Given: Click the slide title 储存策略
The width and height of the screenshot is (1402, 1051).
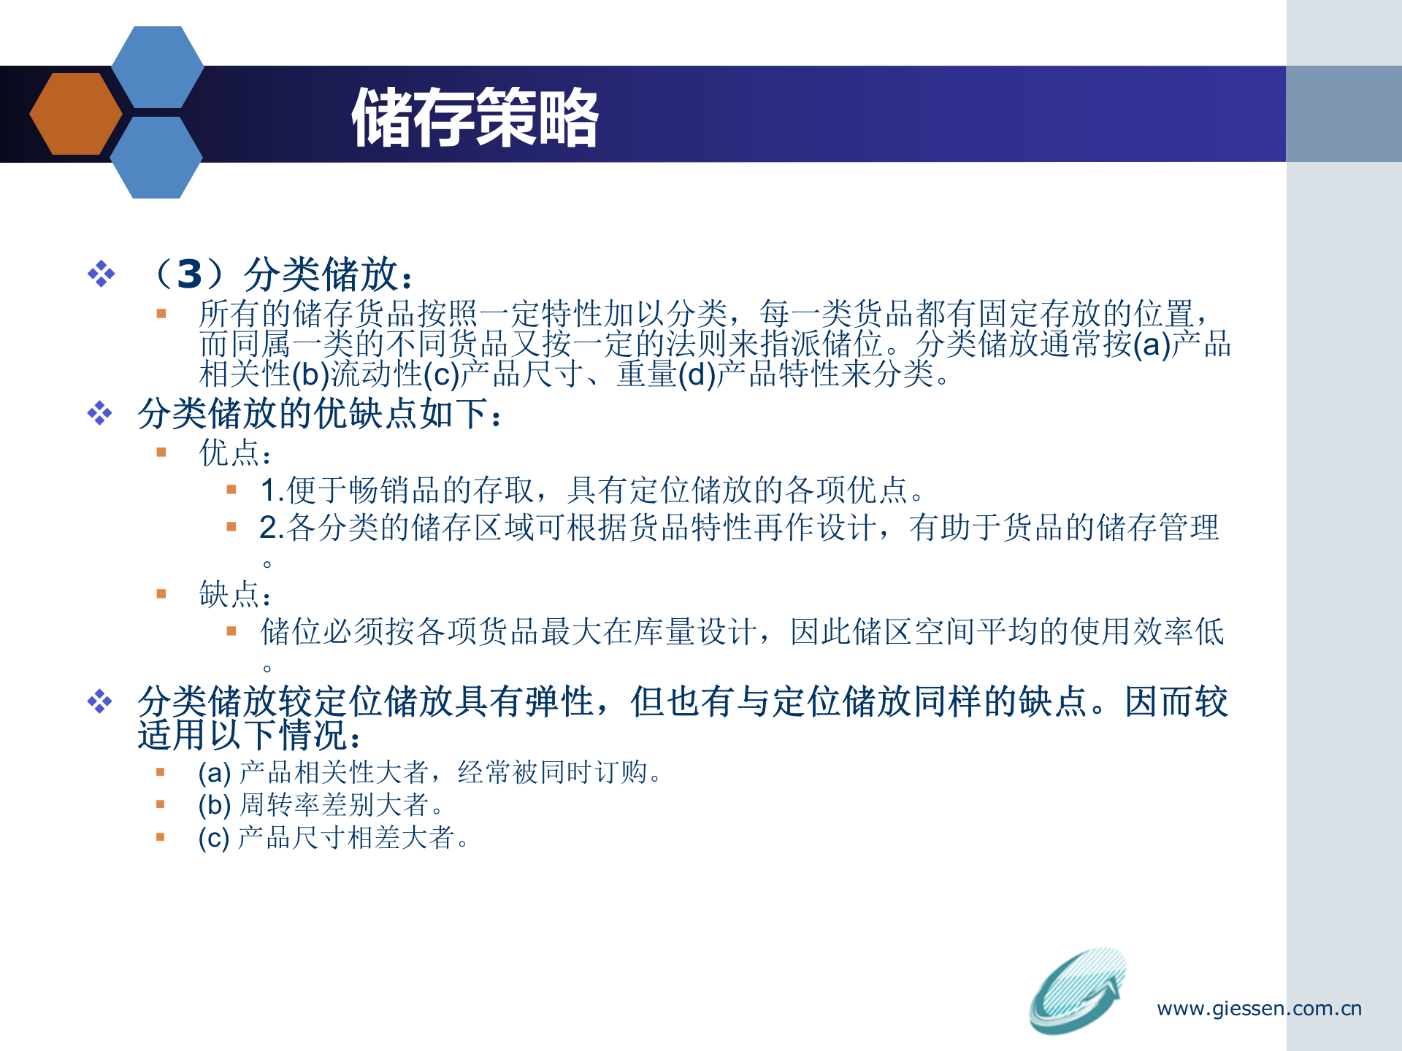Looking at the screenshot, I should [475, 117].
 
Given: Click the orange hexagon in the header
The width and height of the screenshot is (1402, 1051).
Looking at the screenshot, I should [75, 114].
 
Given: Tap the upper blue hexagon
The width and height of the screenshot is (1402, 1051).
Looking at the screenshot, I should [157, 67].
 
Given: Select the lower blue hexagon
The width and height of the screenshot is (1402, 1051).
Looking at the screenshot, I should [156, 158].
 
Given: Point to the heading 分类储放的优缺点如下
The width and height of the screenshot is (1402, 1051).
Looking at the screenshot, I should [320, 414].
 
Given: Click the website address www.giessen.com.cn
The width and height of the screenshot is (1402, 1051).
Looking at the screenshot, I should [1259, 1009].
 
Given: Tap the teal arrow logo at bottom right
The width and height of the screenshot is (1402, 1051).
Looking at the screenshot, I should [1078, 990].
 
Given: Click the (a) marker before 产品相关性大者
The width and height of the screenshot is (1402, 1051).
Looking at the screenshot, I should [214, 772].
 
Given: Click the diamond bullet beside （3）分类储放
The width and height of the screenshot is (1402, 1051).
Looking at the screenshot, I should [101, 274].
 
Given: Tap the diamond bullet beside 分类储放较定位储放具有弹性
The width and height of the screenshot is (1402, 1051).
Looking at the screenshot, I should [99, 702].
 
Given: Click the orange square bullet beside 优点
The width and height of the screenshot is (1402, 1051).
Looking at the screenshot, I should [161, 453].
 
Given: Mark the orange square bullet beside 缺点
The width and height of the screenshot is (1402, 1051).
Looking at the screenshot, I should [161, 594].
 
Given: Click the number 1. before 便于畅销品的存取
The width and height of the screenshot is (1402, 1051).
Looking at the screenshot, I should [272, 490].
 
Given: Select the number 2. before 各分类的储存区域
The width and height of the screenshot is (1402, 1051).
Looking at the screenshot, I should [272, 528].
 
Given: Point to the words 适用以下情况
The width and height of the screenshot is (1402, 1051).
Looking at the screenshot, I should [248, 735].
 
